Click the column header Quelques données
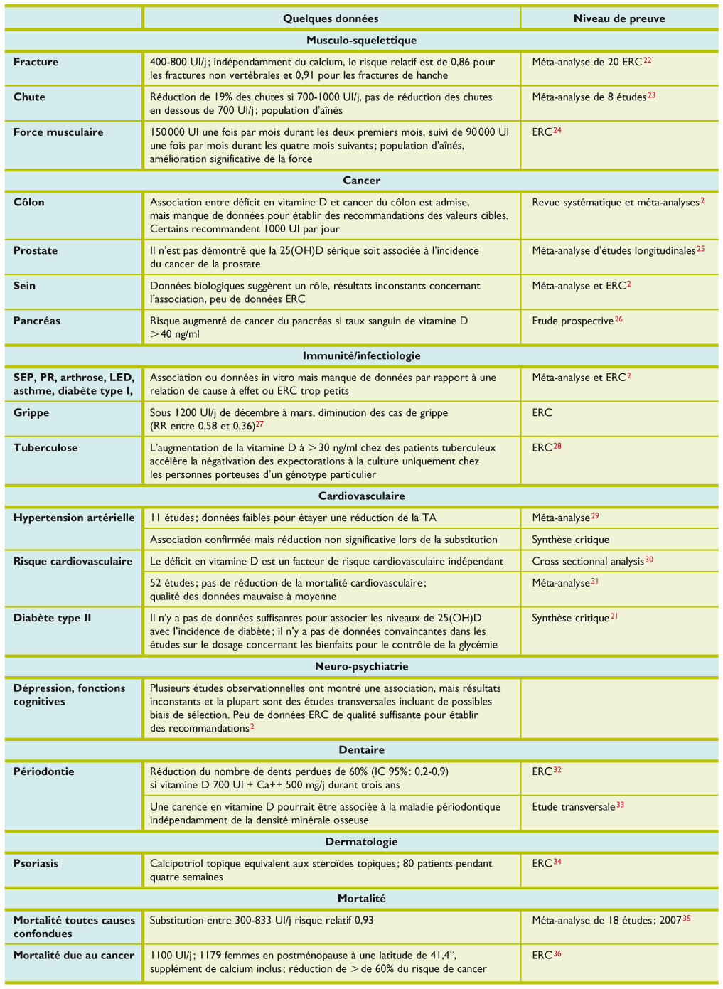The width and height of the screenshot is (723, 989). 331,18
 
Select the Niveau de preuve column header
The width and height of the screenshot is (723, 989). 619,18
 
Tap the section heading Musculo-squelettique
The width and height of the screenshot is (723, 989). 361,41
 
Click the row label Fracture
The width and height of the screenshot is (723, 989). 36,62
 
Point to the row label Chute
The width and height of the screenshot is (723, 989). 29,97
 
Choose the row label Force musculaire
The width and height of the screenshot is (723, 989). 58,132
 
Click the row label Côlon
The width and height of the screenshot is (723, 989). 29,202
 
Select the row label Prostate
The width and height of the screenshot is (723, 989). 35,250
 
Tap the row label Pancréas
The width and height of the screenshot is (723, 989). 37,321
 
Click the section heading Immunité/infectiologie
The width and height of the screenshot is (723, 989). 361,355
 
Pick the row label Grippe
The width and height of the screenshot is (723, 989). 31,412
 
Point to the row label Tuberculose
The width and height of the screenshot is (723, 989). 45,447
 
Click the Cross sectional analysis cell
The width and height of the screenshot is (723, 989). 588,562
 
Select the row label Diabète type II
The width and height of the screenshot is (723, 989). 53,618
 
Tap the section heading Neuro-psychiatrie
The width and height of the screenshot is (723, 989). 361,666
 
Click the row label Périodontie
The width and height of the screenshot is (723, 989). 44,771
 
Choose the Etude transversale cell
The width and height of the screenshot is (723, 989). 574,807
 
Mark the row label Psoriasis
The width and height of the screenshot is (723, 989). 36,863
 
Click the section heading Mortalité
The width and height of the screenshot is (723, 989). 361,898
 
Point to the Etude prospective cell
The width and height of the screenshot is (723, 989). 573,321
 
